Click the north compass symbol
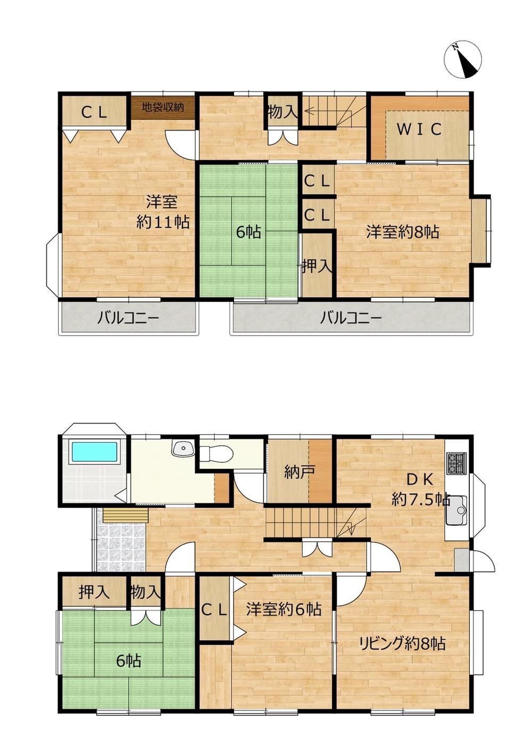(x=463, y=60)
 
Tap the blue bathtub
(x=94, y=453)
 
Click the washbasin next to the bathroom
(x=183, y=448)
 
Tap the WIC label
(x=419, y=129)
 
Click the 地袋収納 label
(x=163, y=107)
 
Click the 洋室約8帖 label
(x=403, y=232)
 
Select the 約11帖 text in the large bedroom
(x=163, y=222)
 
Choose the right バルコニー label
(x=351, y=318)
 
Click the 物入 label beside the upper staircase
(x=283, y=113)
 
